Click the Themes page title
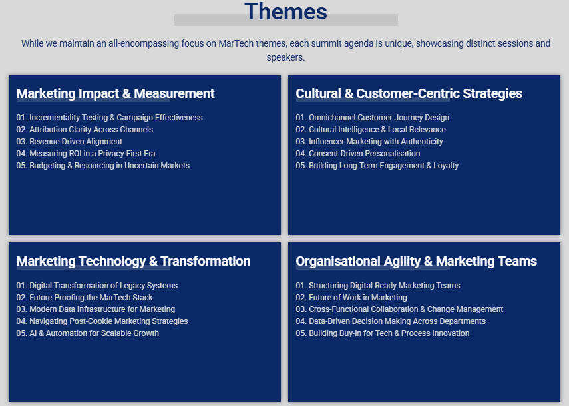tap(285, 11)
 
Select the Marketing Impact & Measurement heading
tap(115, 94)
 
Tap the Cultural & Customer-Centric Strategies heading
tap(409, 94)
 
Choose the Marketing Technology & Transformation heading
tap(133, 261)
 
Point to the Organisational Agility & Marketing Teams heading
tap(416, 261)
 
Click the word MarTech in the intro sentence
tap(236, 43)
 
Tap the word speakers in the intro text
tap(285, 58)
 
